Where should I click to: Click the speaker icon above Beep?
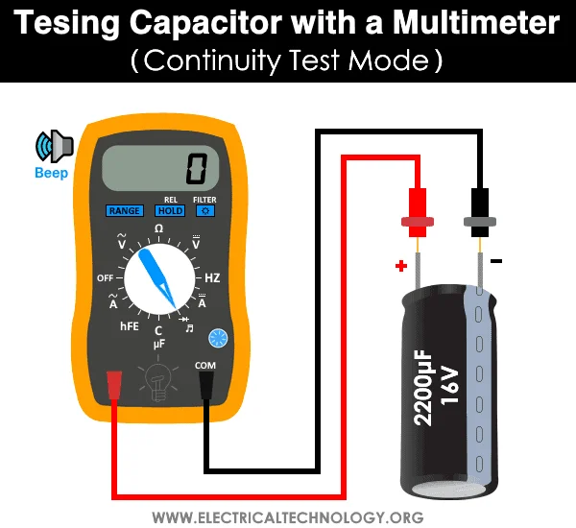pos(55,146)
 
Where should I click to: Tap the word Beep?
pos(52,174)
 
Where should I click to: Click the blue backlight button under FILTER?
pos(204,210)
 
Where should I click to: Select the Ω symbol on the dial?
pos(158,228)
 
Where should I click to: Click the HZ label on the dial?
pos(212,277)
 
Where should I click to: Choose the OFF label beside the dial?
pos(106,277)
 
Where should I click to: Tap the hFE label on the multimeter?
pos(130,326)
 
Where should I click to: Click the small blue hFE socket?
pos(217,337)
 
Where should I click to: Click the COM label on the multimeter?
pos(204,365)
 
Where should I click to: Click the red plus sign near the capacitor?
pos(399,264)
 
